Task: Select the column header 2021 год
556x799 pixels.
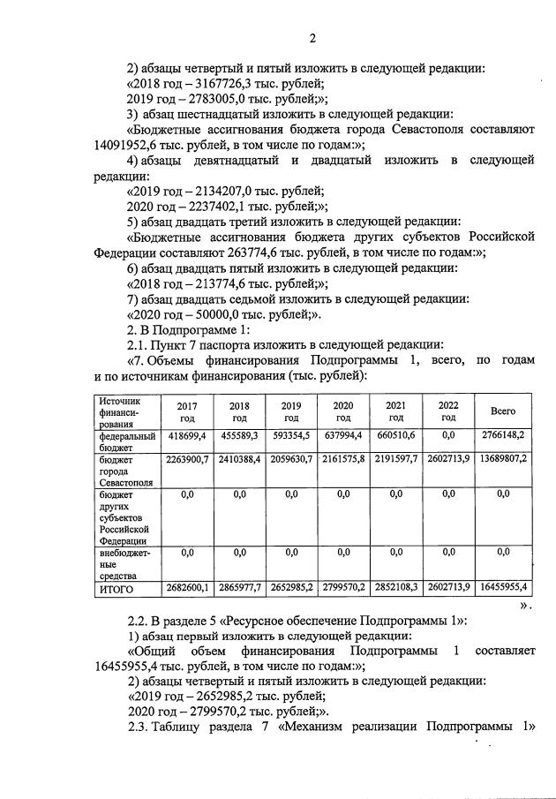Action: pyautogui.click(x=395, y=411)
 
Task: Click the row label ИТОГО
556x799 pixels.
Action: pyautogui.click(x=117, y=588)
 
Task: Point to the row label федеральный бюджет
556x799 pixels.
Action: pyautogui.click(x=126, y=441)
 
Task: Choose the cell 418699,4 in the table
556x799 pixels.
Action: pyautogui.click(x=186, y=436)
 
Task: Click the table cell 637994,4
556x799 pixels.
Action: pyautogui.click(x=343, y=436)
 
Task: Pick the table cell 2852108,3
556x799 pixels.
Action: pyautogui.click(x=395, y=588)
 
